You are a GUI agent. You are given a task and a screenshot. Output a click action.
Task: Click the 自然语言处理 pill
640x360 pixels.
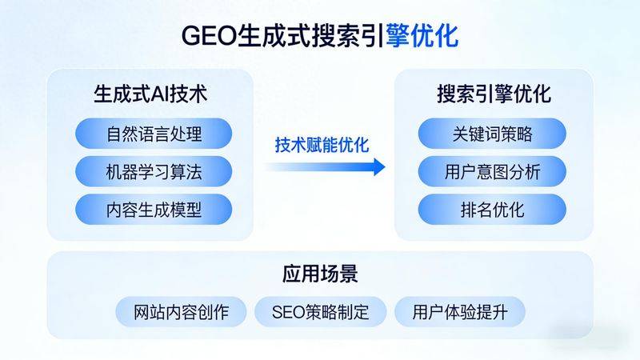pos(154,134)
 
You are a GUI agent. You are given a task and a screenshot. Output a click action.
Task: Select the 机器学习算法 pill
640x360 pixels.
pos(154,171)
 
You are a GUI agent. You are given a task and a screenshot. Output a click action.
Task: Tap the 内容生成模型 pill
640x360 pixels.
pos(154,210)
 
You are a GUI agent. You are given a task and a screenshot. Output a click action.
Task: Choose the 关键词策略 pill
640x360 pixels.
pos(492,134)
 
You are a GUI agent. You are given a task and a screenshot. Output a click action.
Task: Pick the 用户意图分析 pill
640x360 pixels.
pos(492,171)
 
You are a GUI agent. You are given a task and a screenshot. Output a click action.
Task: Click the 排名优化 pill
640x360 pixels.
pos(492,210)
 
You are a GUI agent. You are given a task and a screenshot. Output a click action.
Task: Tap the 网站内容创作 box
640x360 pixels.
pos(181,311)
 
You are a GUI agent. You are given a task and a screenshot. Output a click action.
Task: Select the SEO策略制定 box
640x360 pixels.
pos(320,311)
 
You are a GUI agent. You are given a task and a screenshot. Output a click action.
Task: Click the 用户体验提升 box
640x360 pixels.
pos(459,311)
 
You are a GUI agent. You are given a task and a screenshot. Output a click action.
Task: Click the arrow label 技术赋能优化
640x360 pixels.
pos(322,146)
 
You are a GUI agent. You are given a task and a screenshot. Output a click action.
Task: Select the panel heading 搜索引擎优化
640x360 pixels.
pos(494,94)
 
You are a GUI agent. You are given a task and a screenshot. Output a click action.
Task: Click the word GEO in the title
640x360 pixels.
pos(206,36)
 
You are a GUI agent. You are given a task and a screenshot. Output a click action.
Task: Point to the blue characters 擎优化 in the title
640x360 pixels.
pos(422,36)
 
